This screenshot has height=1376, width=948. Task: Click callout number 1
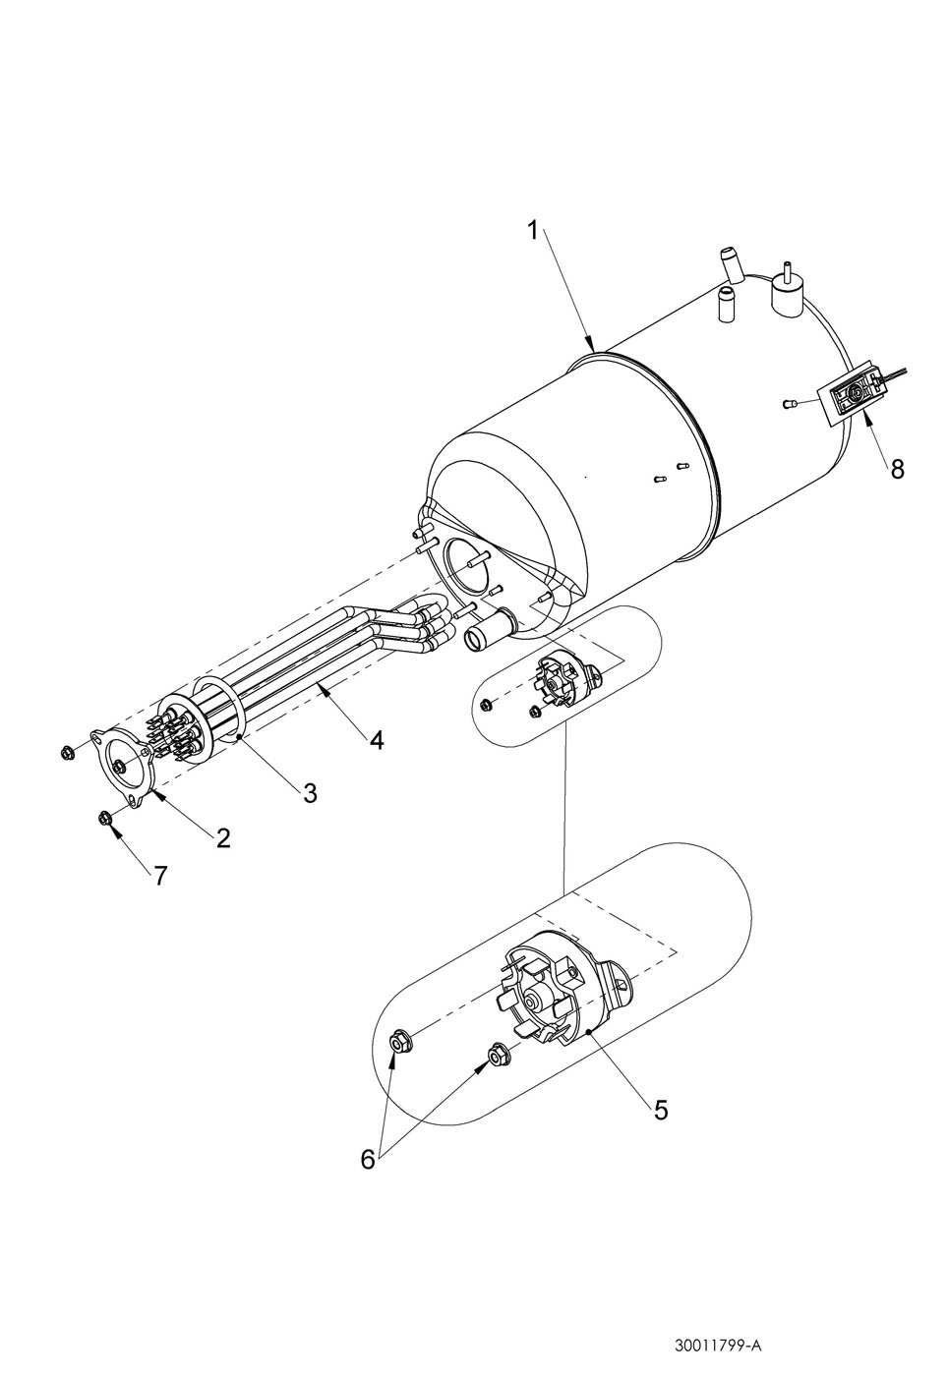(x=532, y=232)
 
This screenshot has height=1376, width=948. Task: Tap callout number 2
(x=223, y=837)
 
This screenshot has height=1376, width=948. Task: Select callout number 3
(x=309, y=793)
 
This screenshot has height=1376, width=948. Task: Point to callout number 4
(x=376, y=739)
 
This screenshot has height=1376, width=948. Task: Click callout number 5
(x=660, y=1110)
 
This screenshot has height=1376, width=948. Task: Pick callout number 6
(x=368, y=1160)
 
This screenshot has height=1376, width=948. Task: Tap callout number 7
(x=160, y=876)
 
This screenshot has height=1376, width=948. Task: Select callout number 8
(x=897, y=469)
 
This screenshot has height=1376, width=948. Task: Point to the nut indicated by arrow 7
(x=104, y=818)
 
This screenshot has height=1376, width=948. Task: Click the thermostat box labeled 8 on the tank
(x=852, y=398)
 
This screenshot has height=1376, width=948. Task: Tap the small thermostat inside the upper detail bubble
(x=563, y=681)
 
